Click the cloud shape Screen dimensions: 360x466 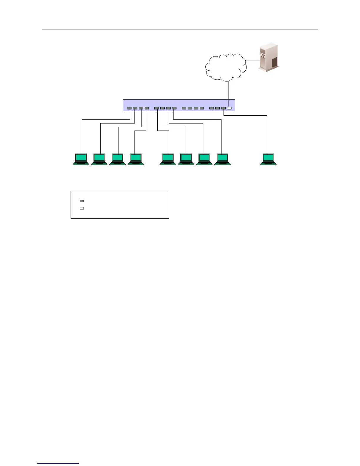point(226,67)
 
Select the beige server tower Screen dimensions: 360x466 point(268,57)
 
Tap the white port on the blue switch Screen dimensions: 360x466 point(229,109)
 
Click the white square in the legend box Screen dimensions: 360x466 point(82,208)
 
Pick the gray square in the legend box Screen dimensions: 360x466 point(82,201)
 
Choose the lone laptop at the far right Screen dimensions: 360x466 point(268,159)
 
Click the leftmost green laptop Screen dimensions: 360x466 point(81,159)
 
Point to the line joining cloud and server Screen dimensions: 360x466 point(252,61)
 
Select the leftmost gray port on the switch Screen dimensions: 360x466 point(129,109)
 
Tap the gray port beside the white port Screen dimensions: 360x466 point(224,109)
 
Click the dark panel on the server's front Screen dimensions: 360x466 point(274,62)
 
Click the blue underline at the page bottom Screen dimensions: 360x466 point(58,464)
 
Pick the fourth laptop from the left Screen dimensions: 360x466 point(136,159)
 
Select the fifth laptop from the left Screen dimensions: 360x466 point(168,159)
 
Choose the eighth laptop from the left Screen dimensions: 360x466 point(222,159)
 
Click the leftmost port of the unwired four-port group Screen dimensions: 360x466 point(184,109)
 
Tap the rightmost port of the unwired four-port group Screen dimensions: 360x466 point(202,109)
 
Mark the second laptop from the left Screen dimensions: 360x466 point(99,159)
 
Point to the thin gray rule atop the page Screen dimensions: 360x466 point(180,30)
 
